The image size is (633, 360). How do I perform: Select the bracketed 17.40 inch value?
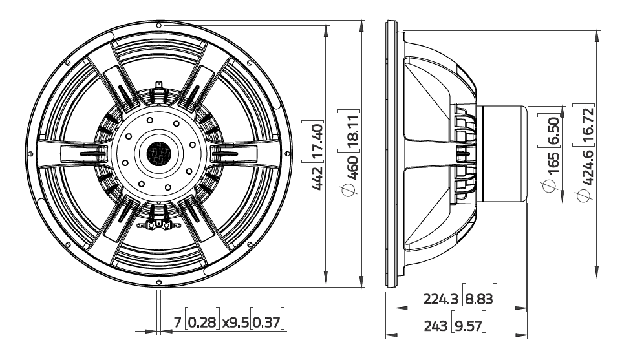[x=317, y=138]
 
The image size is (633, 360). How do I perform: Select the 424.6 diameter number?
[x=588, y=168]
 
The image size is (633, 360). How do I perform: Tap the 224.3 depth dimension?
[x=442, y=299]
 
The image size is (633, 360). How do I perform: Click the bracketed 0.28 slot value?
[x=202, y=321]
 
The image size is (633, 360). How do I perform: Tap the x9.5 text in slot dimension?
[x=235, y=321]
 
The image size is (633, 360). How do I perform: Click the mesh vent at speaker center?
[x=157, y=153]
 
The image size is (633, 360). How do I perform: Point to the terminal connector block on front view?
[x=156, y=225]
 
